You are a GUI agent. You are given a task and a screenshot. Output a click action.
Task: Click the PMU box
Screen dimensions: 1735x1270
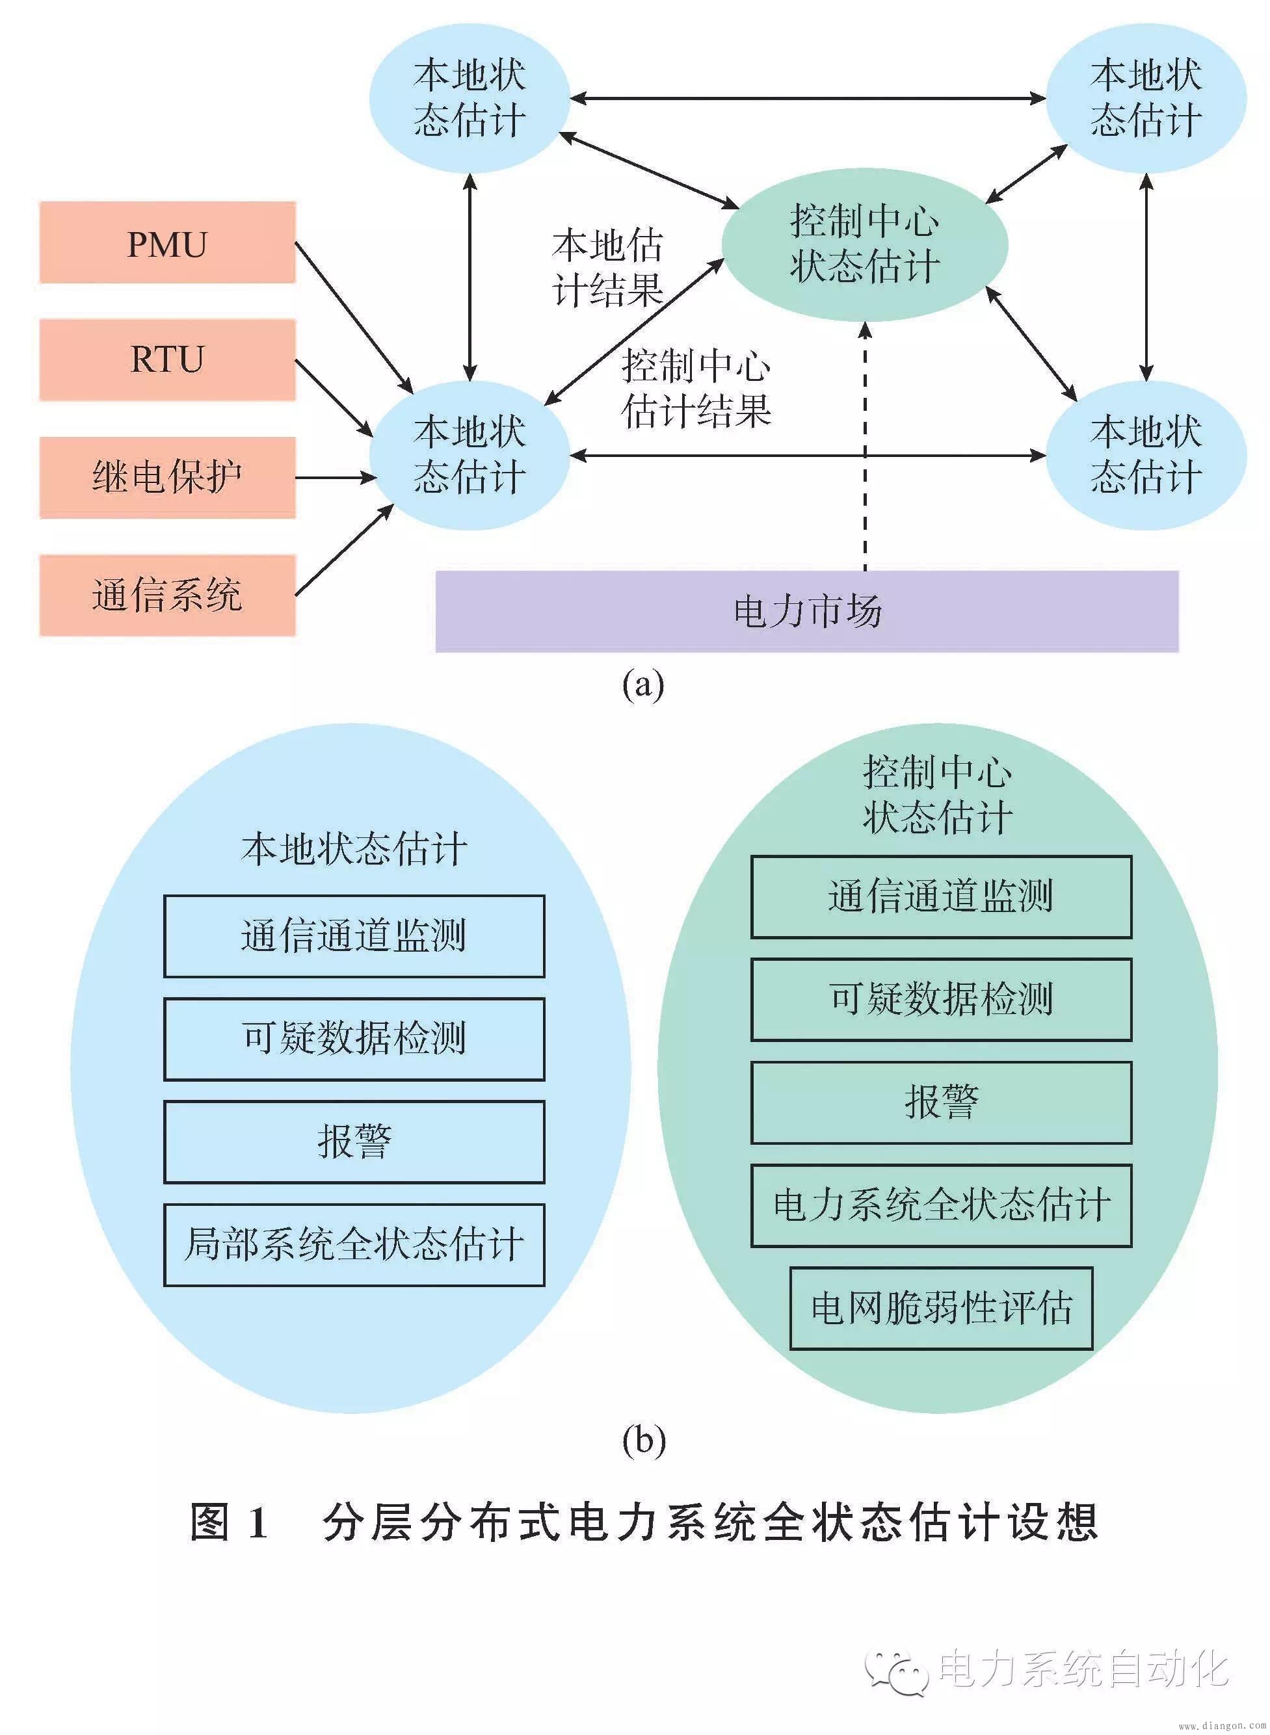(x=168, y=243)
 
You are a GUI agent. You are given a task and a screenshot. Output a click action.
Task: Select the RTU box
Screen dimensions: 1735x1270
(x=168, y=359)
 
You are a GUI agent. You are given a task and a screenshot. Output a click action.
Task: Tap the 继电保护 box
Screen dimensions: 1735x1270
(x=168, y=477)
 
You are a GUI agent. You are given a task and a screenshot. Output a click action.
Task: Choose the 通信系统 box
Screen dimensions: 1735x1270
(x=168, y=595)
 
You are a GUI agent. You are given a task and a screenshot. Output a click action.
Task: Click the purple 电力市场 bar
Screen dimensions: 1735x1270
(x=806, y=612)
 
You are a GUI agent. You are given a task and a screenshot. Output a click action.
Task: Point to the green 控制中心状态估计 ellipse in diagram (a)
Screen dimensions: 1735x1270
(x=864, y=244)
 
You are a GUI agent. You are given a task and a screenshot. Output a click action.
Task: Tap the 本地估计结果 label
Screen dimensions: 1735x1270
(x=607, y=267)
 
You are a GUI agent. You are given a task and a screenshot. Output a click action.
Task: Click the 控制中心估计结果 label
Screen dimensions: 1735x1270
(x=696, y=388)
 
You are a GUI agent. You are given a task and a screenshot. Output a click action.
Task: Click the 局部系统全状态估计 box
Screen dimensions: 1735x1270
(x=354, y=1244)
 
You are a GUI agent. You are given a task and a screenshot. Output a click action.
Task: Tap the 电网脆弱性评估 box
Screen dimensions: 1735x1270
(x=941, y=1308)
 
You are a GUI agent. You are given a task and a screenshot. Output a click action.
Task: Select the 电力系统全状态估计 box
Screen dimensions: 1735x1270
(x=941, y=1205)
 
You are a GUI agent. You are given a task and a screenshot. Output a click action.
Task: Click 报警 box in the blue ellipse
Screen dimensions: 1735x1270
(x=354, y=1141)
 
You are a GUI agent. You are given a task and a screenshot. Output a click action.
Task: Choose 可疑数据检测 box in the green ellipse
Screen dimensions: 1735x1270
(x=941, y=999)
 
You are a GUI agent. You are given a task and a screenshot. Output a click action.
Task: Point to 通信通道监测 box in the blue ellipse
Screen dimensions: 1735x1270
(x=354, y=936)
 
